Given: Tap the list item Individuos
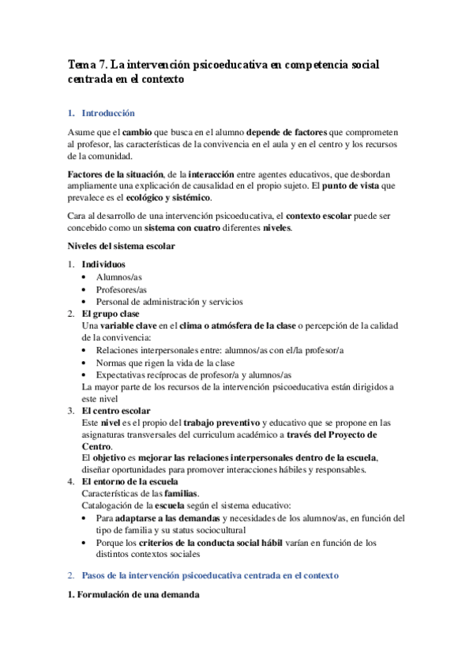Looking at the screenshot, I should (x=103, y=264).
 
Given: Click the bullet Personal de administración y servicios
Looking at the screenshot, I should (x=170, y=302).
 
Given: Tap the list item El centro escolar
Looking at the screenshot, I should (x=116, y=411).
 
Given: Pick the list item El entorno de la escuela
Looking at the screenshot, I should (x=130, y=481).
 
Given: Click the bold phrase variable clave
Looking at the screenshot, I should (x=127, y=326).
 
